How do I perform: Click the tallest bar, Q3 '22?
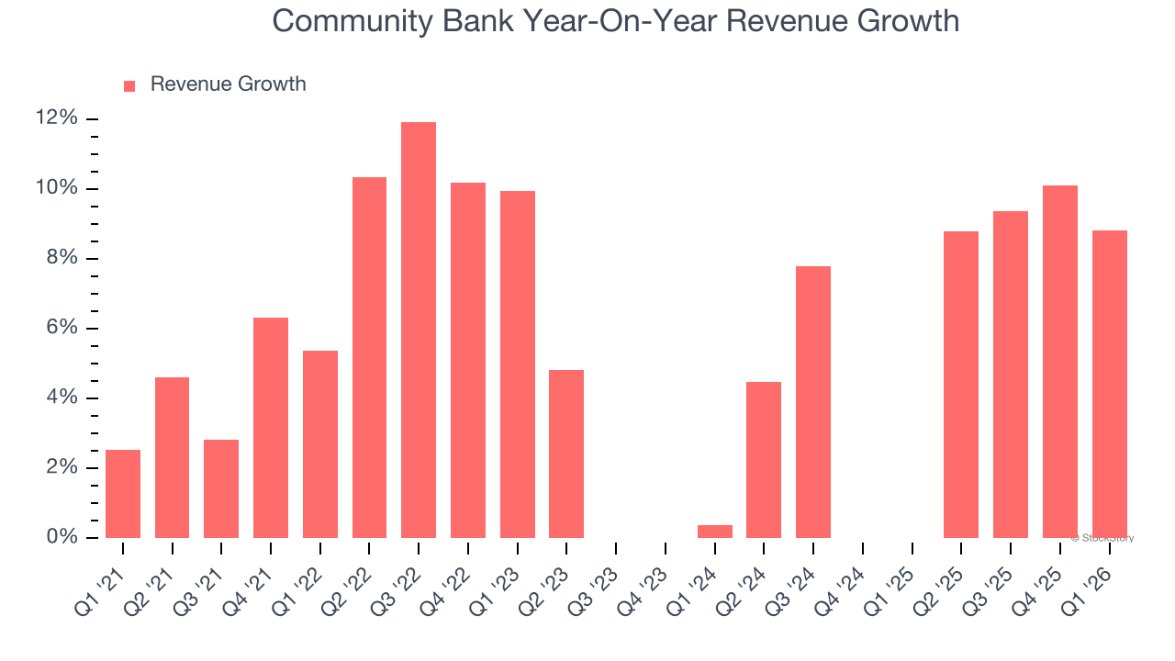pyautogui.click(x=419, y=330)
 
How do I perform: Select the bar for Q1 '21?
pyautogui.click(x=123, y=494)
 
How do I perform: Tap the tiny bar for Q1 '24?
pyautogui.click(x=715, y=532)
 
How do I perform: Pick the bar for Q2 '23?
pyautogui.click(x=566, y=454)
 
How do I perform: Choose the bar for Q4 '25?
pyautogui.click(x=1060, y=362)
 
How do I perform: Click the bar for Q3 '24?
pyautogui.click(x=813, y=402)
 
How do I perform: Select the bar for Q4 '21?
pyautogui.click(x=271, y=428)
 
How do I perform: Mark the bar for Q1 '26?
pyautogui.click(x=1109, y=384)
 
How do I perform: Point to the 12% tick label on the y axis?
pyautogui.click(x=56, y=118)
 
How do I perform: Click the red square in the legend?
pyautogui.click(x=129, y=85)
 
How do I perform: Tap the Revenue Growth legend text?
pyautogui.click(x=228, y=84)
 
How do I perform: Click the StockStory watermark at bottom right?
pyautogui.click(x=1102, y=538)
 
